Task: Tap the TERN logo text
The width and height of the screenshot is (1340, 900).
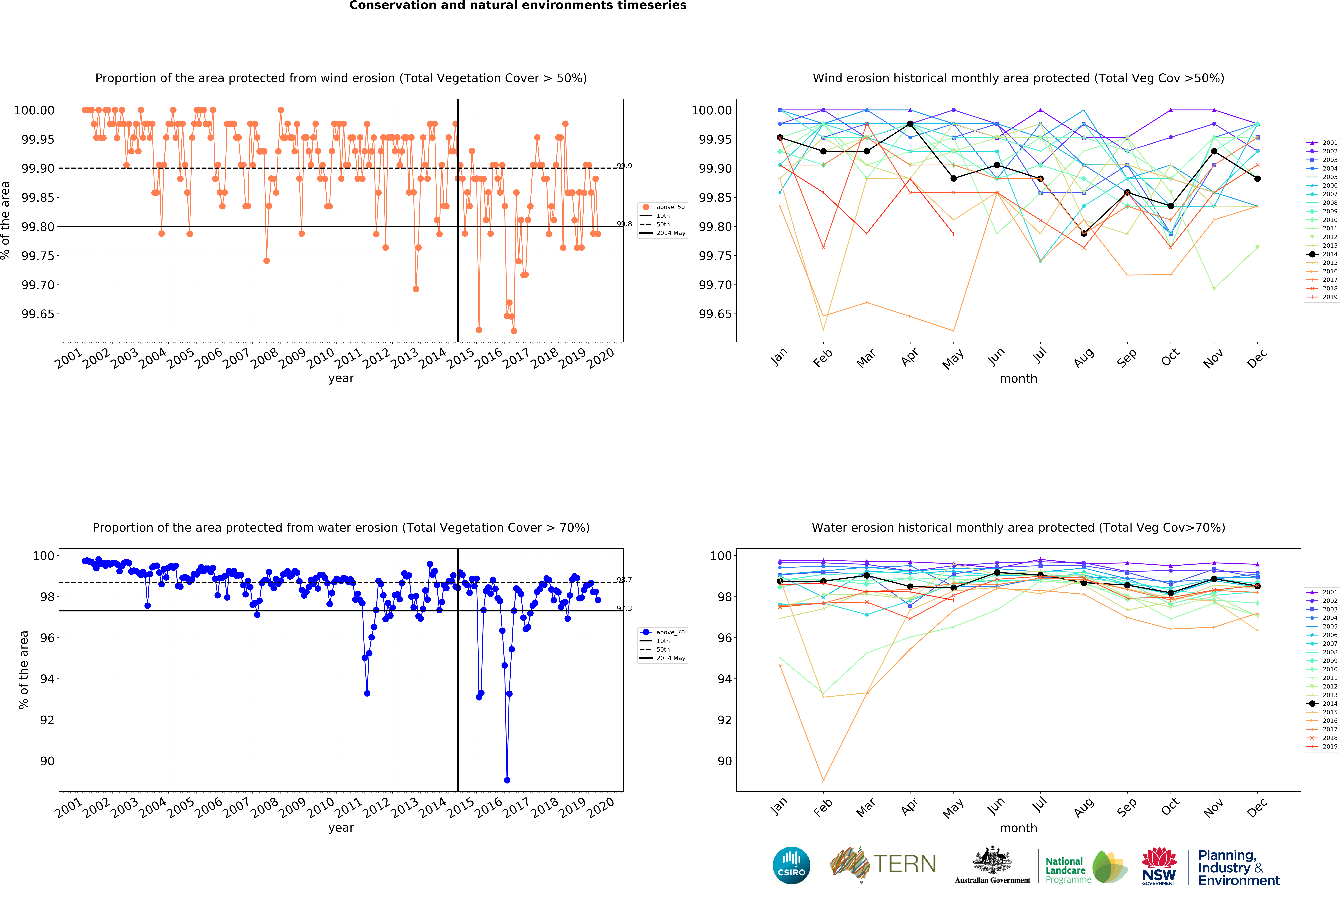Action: coord(904,864)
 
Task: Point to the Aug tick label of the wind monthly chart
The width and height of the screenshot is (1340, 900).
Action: coord(1083,358)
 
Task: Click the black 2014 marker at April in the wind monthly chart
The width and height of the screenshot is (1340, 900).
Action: coord(910,124)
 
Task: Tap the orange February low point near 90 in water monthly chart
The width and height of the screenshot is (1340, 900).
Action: coord(823,780)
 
